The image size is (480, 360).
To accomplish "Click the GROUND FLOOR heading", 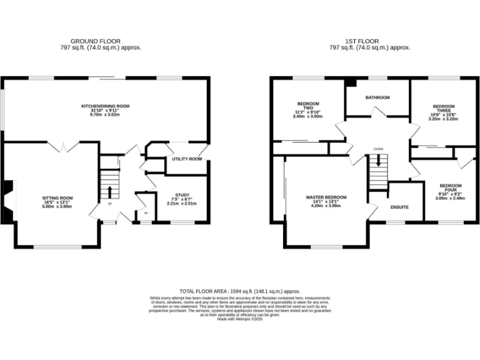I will point(96,41).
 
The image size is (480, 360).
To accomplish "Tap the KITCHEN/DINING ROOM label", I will point(105,106).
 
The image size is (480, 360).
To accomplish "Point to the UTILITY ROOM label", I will point(187,159).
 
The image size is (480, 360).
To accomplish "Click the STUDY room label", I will point(181,195).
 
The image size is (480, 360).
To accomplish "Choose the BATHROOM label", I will point(377,97).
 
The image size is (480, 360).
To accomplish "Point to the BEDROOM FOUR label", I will point(450,186).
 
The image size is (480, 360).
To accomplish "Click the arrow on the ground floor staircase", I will point(111,189).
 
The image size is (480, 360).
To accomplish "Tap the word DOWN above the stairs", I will point(378,149).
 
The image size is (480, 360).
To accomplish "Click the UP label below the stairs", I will point(110,204).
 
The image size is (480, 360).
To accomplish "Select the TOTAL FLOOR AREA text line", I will point(240,291).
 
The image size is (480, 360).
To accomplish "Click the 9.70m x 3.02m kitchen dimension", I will point(105,115).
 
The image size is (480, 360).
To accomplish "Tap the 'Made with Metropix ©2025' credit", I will point(240,319).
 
